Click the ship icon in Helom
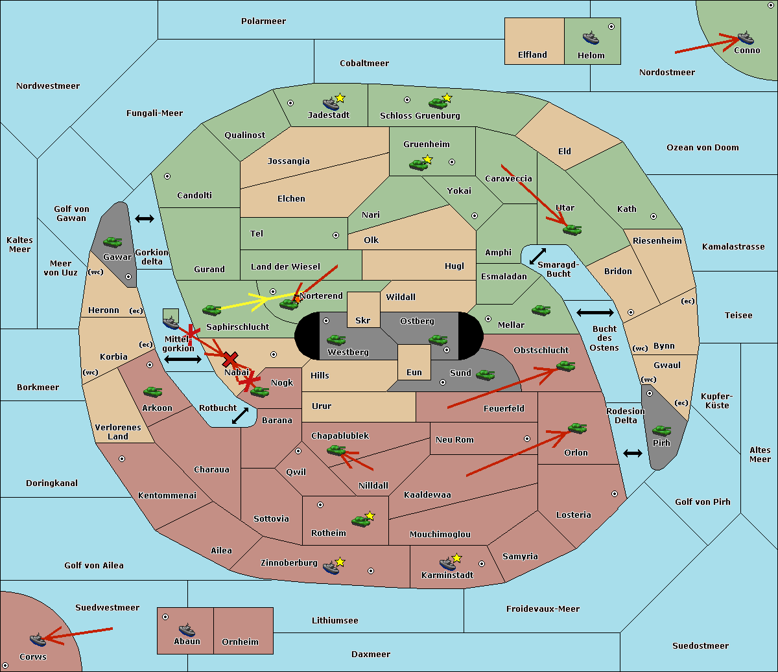coord(591,38)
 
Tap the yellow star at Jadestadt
coord(340,98)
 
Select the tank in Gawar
coord(113,242)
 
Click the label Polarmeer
coord(263,21)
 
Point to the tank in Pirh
coord(661,430)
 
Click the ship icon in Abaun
coord(187,630)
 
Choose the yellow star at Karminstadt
coord(456,557)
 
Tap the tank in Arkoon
coord(153,391)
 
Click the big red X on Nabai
coord(230,359)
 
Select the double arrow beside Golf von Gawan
coord(145,218)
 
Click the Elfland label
coord(532,55)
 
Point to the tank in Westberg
coord(336,340)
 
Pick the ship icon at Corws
coord(38,640)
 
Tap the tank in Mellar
coord(541,310)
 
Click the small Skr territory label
coord(363,320)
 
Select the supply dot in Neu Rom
coord(527,439)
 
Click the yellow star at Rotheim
coord(370,515)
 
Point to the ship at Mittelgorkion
coord(171,323)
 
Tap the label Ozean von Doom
coord(703,148)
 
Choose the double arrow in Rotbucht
coord(240,415)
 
